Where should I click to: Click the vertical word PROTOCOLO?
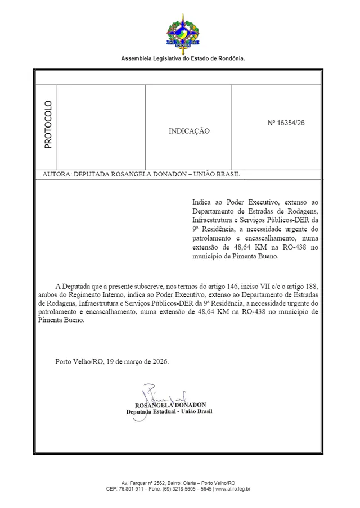pos(48,124)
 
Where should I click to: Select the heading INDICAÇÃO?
pos(189,131)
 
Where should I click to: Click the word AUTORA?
pos(57,174)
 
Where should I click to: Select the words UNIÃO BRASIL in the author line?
pos(217,174)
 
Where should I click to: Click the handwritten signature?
pos(160,393)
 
